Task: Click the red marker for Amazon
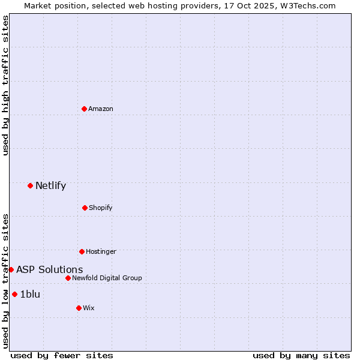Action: click(85, 109)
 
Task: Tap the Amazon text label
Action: click(101, 109)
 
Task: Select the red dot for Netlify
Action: click(31, 185)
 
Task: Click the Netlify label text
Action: click(50, 185)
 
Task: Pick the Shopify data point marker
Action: click(85, 208)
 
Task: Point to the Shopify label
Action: click(101, 208)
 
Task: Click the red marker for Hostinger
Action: click(82, 251)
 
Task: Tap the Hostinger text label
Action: click(101, 251)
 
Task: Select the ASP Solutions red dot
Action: click(11, 269)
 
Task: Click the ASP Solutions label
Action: click(49, 269)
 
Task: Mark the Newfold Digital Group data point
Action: click(68, 278)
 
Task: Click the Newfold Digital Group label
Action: click(107, 278)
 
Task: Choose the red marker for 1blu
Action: click(14, 294)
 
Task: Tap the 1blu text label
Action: click(30, 294)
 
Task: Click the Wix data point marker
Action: click(79, 308)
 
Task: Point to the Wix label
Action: click(89, 308)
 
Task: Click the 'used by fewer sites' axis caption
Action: click(62, 355)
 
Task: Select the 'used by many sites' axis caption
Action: click(301, 355)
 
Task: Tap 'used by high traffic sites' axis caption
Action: click(5, 85)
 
